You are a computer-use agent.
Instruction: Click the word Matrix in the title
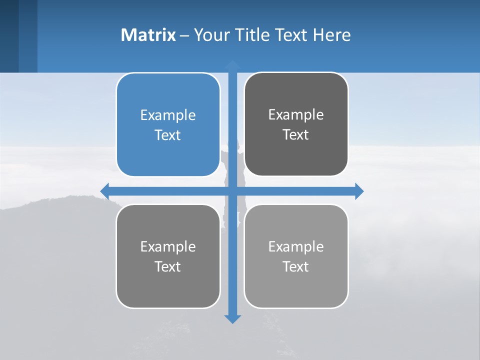click(148, 35)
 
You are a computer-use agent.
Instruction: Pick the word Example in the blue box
click(168, 115)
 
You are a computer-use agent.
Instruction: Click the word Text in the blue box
click(168, 135)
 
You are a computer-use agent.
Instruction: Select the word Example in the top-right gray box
click(296, 114)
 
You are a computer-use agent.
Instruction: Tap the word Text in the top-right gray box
click(296, 134)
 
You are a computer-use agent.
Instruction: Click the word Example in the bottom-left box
click(168, 246)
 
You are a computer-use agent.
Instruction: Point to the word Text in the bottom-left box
click(168, 266)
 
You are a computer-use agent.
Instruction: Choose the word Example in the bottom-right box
click(296, 246)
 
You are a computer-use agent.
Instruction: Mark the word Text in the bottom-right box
click(296, 266)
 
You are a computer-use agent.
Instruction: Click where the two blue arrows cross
click(232, 191)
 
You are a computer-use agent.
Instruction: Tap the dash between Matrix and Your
click(184, 35)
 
